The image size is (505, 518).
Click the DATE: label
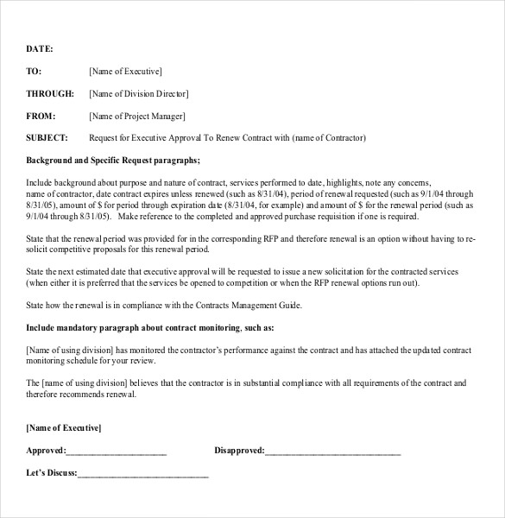pos(40,49)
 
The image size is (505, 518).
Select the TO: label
pos(34,72)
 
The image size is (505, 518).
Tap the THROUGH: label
pos(50,94)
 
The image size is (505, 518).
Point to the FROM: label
pos(41,116)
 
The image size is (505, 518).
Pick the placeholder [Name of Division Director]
pos(139,94)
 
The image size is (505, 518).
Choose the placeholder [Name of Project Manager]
pos(136,116)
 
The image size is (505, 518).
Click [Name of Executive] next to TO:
pos(125,72)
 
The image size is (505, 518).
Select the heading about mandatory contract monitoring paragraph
pos(150,328)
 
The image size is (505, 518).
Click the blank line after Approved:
pos(117,452)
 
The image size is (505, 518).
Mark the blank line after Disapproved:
pos(333,452)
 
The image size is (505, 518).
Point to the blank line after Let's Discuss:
pos(143,474)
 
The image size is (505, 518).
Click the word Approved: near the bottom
pos(46,451)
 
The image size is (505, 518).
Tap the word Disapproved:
pos(239,451)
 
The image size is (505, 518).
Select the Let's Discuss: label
pos(52,473)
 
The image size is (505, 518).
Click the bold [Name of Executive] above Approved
pos(64,428)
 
